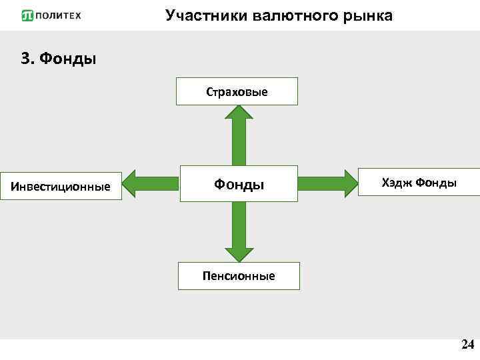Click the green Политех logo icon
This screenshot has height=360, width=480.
coord(27,15)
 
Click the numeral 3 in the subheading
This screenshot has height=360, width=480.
coord(27,59)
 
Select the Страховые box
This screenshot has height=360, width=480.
coord(237,91)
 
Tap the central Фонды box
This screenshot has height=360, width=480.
coord(239,184)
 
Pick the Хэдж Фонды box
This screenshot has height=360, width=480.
coord(419,182)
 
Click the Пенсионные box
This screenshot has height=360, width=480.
coord(239,275)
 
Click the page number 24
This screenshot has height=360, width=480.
coord(467,345)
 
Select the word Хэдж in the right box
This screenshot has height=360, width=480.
coord(397,182)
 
